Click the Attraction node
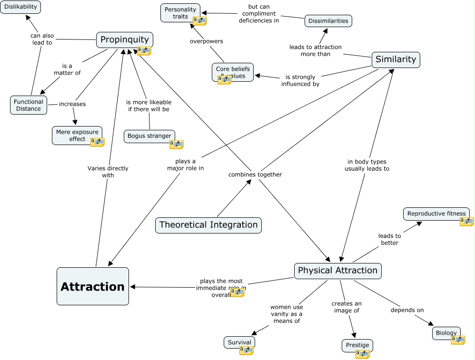[93, 286]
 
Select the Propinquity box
[125, 39]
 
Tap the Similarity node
[396, 59]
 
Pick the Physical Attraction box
[337, 271]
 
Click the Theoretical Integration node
[208, 225]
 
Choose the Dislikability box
[20, 7]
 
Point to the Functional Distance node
[29, 105]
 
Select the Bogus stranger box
[149, 136]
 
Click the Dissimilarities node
[328, 21]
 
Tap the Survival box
[239, 342]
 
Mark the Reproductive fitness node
[436, 214]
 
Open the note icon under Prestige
[362, 354]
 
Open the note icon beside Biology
[458, 340]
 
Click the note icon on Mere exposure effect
[97, 142]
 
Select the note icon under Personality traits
[199, 21]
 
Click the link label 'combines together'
[255, 175]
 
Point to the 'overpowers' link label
[207, 41]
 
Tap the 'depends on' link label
[407, 311]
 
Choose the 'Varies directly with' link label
[108, 172]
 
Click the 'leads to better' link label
[389, 239]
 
